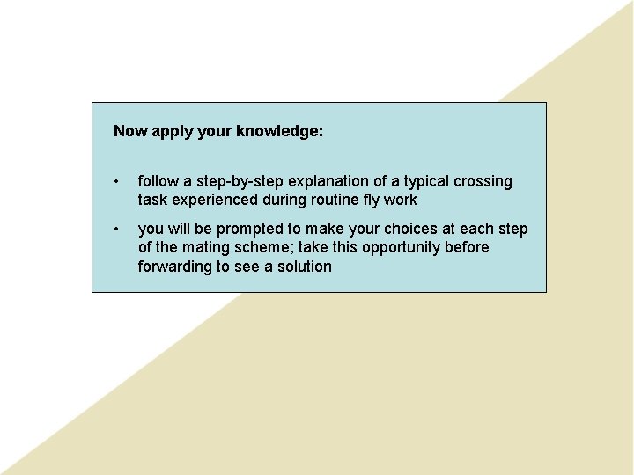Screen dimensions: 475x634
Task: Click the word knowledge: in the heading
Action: [279, 131]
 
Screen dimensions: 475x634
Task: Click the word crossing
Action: [483, 181]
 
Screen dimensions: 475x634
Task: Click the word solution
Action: [303, 267]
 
